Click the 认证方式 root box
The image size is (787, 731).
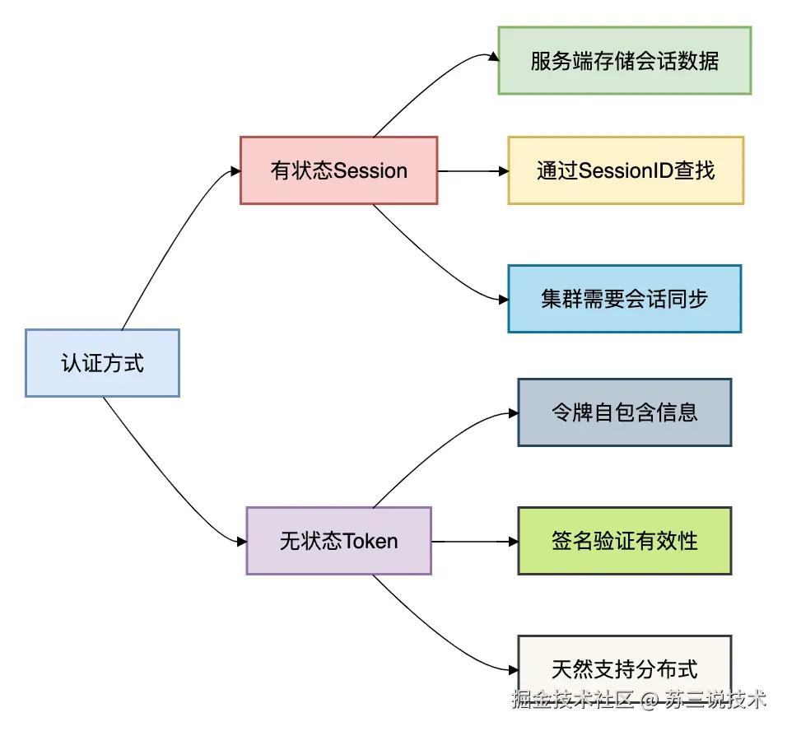102,363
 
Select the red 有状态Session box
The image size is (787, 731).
338,170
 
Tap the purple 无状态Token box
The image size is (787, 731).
338,541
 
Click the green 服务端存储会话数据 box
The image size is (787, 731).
624,60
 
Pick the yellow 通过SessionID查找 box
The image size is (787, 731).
626,170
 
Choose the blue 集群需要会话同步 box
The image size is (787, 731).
624,298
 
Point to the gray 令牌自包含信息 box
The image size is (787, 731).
624,412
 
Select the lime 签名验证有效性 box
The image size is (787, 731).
624,541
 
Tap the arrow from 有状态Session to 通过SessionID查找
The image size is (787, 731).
473,171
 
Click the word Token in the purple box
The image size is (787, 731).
370,542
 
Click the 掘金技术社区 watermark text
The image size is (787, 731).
572,701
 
